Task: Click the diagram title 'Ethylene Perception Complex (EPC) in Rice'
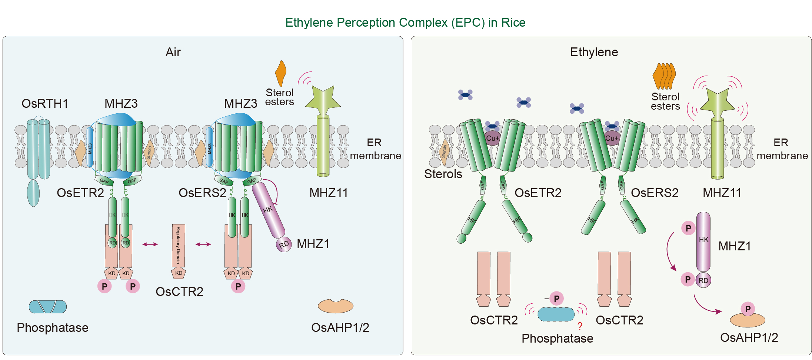(405, 23)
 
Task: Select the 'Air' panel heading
(173, 52)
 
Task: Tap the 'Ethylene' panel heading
(594, 52)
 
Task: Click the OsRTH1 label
(45, 104)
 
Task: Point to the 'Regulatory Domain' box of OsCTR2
(179, 245)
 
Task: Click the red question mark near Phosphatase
(580, 326)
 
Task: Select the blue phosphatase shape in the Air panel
(48, 307)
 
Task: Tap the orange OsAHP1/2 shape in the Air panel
(335, 306)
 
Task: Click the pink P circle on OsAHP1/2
(748, 309)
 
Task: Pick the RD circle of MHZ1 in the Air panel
(284, 244)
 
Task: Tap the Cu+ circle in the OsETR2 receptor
(492, 138)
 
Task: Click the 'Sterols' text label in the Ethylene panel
(443, 174)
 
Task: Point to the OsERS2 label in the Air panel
(202, 193)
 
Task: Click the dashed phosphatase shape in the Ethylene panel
(556, 314)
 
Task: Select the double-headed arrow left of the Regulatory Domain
(150, 244)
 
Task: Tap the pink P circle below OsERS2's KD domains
(238, 286)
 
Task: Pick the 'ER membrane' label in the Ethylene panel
(782, 149)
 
